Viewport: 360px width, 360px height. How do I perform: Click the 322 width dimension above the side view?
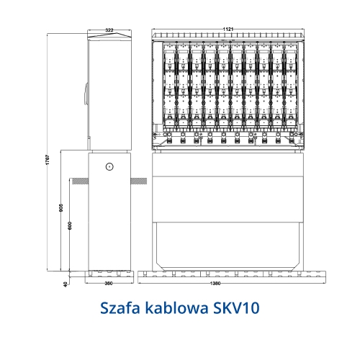[109, 30]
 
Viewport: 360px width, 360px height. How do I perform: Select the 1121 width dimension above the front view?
[228, 28]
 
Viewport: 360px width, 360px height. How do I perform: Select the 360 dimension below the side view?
[109, 284]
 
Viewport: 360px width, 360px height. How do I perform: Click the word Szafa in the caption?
[120, 308]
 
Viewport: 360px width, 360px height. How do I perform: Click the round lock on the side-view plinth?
[109, 166]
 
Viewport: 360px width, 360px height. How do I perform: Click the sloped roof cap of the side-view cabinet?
[109, 36]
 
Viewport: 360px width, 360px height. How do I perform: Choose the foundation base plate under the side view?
[109, 274]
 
